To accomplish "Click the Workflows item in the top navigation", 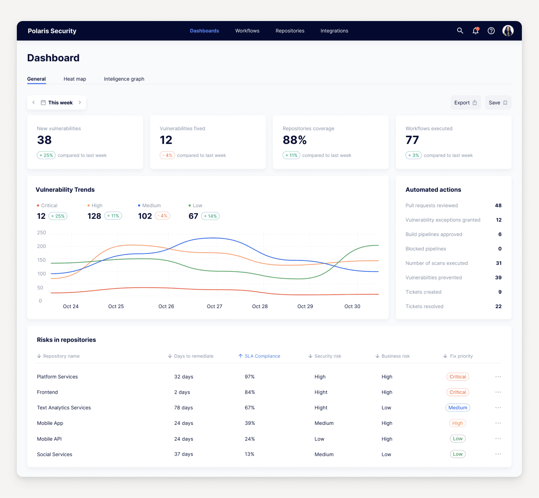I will (x=247, y=31).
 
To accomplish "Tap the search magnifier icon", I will (x=460, y=31).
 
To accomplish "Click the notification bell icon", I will (x=475, y=31).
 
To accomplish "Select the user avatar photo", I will (x=508, y=31).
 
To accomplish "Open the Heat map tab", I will (x=75, y=79).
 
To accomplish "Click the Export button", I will (x=465, y=103).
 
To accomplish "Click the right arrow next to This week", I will (x=80, y=102).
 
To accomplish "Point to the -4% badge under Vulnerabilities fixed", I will (x=167, y=155).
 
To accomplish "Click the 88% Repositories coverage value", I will (x=294, y=140).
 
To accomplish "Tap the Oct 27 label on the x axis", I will (x=214, y=306).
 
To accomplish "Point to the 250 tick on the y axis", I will (x=42, y=233).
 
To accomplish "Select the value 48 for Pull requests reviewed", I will (x=498, y=205).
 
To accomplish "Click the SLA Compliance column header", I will (x=262, y=356).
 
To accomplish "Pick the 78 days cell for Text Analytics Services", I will (x=183, y=408).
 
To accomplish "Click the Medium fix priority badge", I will (x=457, y=408).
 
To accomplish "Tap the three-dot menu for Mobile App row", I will (x=498, y=423).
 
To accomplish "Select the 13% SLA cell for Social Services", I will (x=249, y=454).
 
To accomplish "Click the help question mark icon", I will (x=491, y=31).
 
